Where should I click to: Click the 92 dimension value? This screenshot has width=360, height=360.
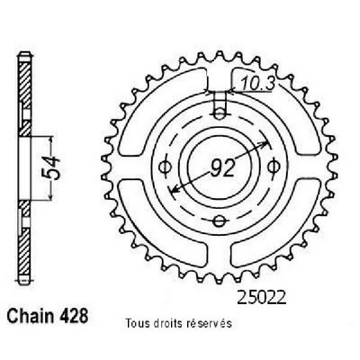[x=222, y=168]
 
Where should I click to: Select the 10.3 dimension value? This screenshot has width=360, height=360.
[x=257, y=83]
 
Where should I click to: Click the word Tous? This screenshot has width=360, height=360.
[x=136, y=323]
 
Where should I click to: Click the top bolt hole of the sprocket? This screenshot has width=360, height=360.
[x=220, y=113]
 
